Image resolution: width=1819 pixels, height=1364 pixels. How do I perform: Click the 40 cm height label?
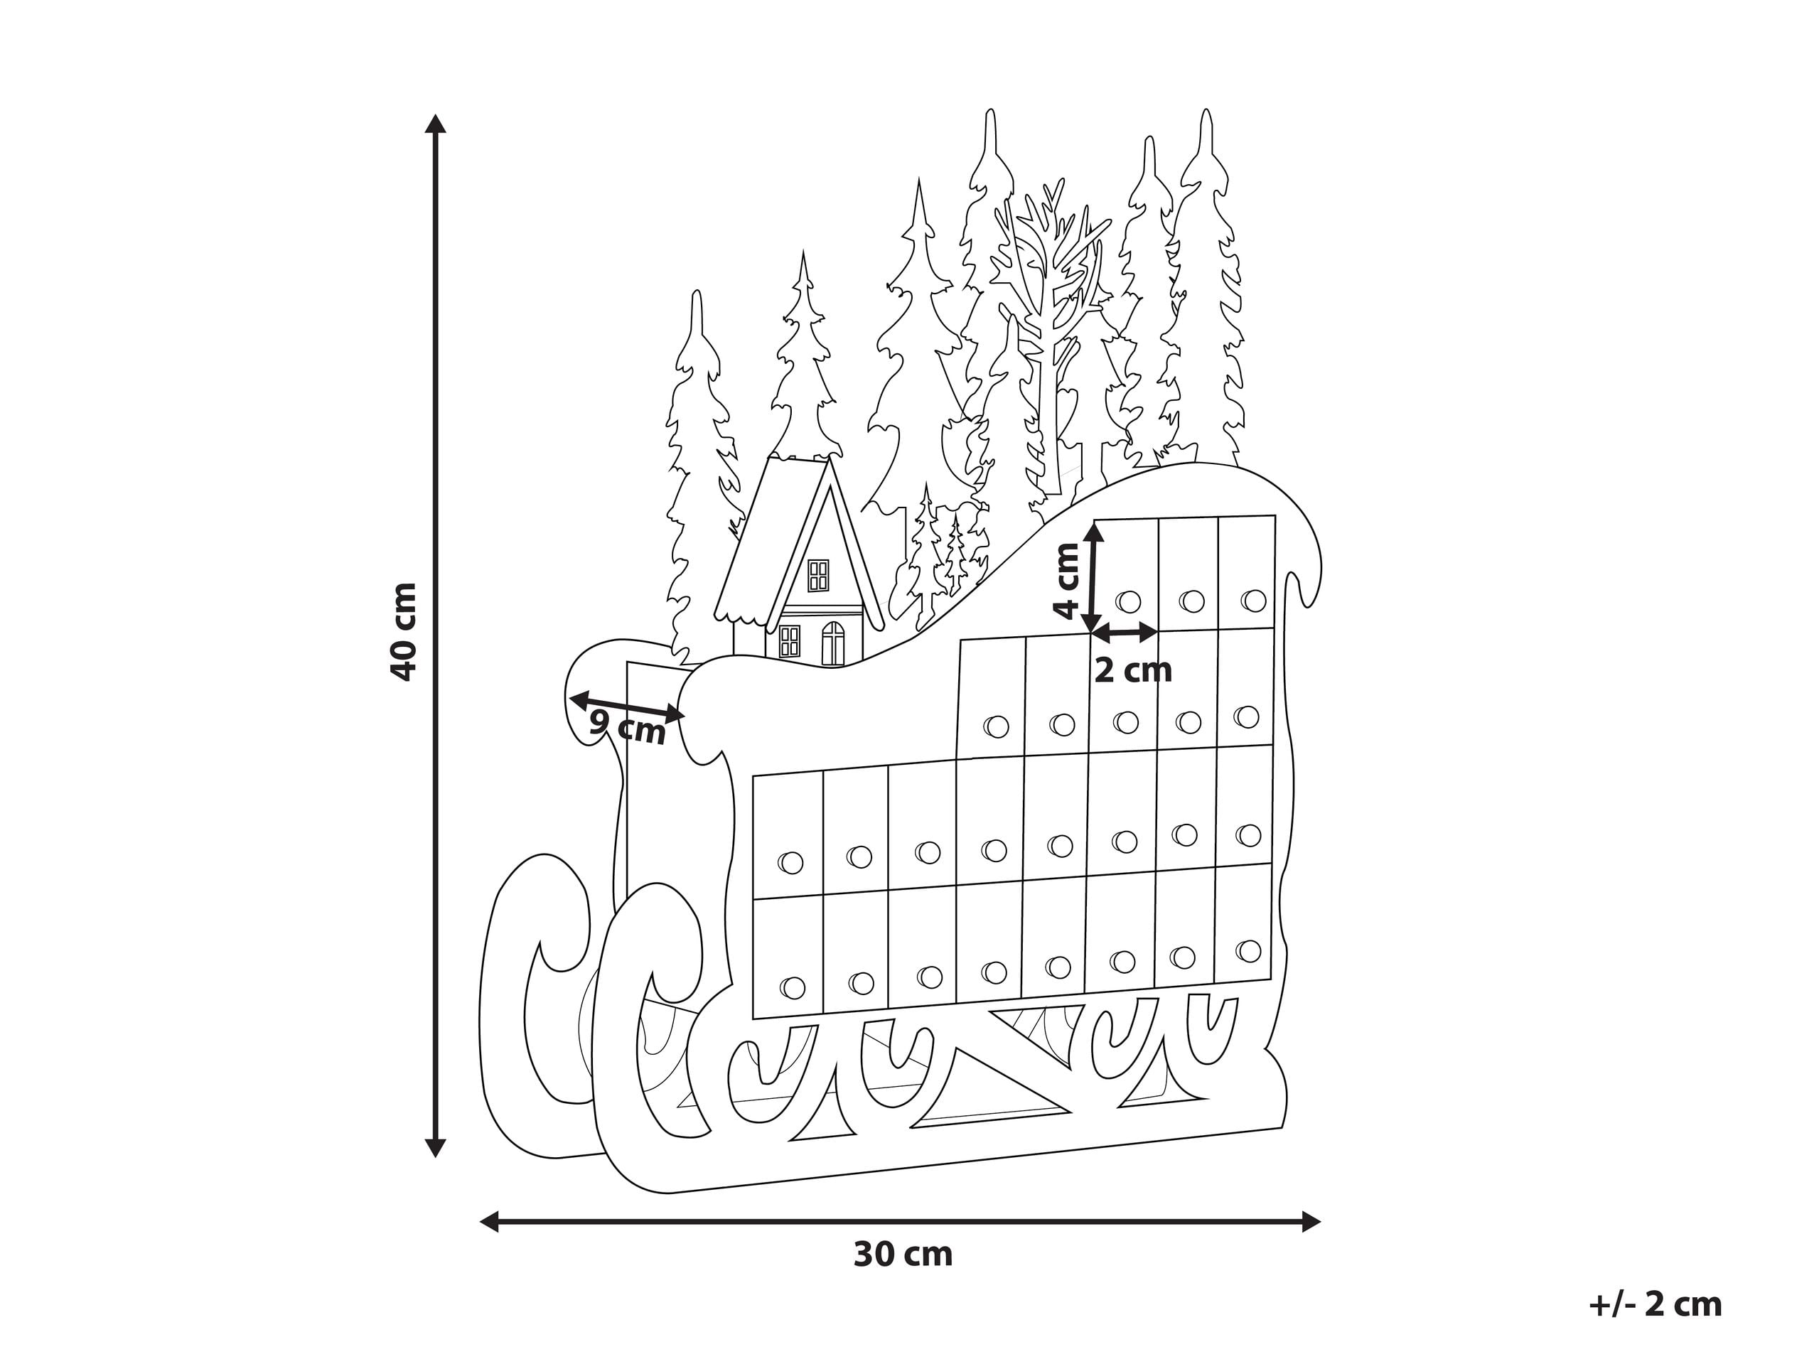402,631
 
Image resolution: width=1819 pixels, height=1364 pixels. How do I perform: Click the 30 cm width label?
903,1255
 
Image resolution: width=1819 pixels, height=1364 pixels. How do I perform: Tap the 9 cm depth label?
628,728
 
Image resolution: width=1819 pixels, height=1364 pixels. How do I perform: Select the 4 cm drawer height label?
1066,581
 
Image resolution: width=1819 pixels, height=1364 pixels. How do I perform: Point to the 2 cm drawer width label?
1132,671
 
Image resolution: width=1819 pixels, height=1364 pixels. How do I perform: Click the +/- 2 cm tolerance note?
1656,1305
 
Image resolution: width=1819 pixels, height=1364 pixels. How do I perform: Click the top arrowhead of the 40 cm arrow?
436,124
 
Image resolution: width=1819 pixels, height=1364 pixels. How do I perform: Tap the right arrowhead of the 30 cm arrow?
1311,1221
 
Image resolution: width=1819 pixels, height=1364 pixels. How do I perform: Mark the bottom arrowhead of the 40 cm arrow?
436,1148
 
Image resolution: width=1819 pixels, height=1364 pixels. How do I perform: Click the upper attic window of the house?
818,575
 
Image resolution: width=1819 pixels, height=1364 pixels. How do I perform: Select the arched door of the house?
833,643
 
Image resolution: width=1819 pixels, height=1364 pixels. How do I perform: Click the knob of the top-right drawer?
1253,599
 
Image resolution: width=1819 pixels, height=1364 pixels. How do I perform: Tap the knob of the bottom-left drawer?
792,987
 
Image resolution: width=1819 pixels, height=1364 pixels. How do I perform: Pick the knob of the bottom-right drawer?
1247,951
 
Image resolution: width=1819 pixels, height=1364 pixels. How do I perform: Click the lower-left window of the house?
788,640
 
